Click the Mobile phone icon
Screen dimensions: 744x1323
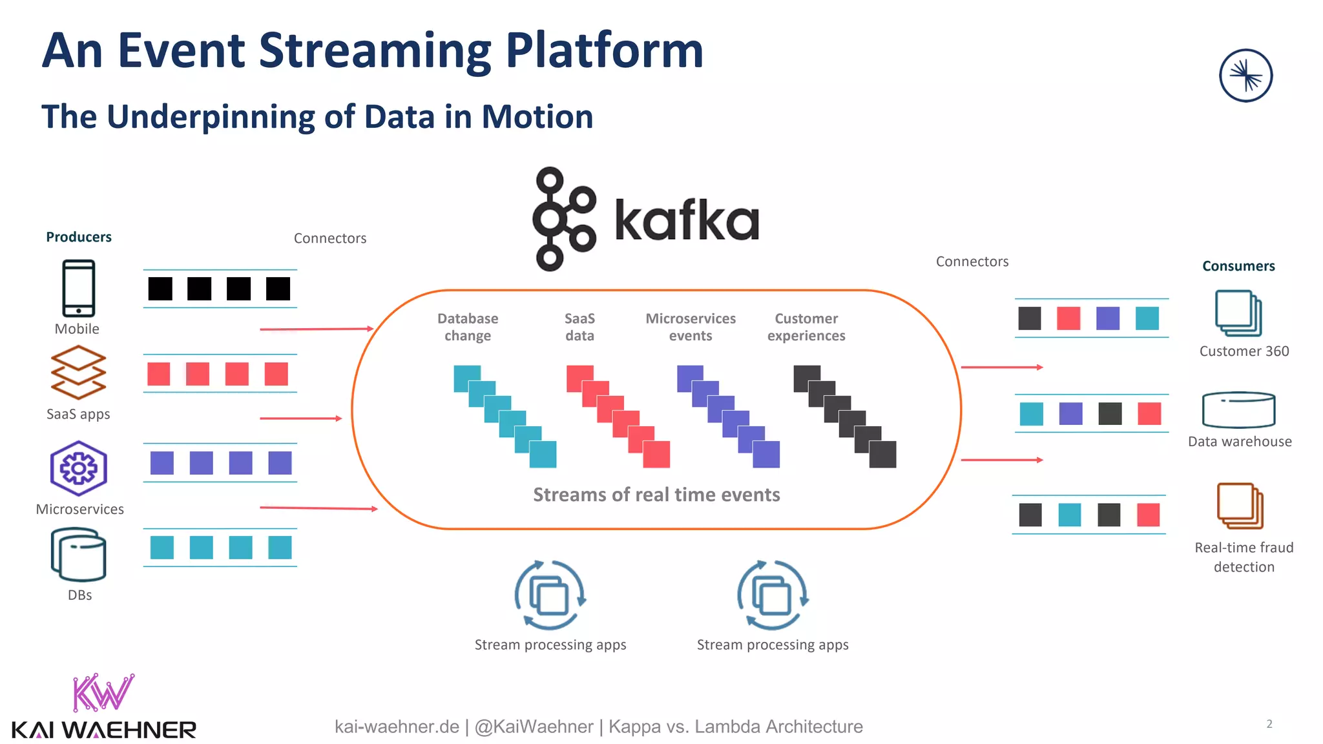pyautogui.click(x=78, y=288)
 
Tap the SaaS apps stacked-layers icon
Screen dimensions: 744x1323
pyautogui.click(x=78, y=373)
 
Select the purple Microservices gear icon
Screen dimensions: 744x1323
pyautogui.click(x=79, y=468)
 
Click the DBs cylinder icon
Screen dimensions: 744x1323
pyautogui.click(x=79, y=555)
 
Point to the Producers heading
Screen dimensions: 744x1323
pyautogui.click(x=79, y=237)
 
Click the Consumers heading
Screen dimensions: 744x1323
pyautogui.click(x=1238, y=266)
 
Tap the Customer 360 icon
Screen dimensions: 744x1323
pyautogui.click(x=1238, y=313)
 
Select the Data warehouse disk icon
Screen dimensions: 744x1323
pyautogui.click(x=1238, y=409)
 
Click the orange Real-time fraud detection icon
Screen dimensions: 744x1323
pyautogui.click(x=1240, y=506)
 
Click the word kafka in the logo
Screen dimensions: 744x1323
pyautogui.click(x=686, y=220)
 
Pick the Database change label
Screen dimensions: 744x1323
pyautogui.click(x=468, y=327)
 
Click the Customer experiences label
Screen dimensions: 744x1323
pyautogui.click(x=806, y=327)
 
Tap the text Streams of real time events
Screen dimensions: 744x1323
pyautogui.click(x=656, y=495)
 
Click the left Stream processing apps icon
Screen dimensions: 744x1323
pyautogui.click(x=550, y=595)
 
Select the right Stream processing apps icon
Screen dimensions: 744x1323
pyautogui.click(x=773, y=595)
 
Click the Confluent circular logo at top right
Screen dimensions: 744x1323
pyautogui.click(x=1245, y=76)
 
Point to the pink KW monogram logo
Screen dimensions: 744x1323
pyautogui.click(x=103, y=692)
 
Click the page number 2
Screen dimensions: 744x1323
pyautogui.click(x=1269, y=724)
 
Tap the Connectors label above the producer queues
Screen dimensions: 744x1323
pyautogui.click(x=330, y=238)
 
